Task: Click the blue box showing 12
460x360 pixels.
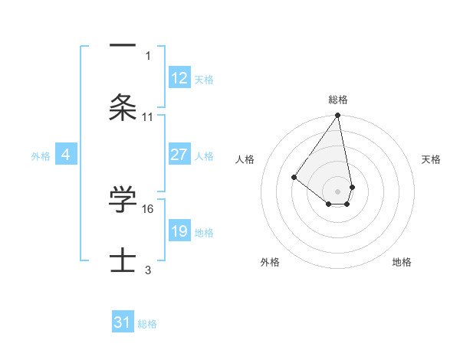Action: pyautogui.click(x=179, y=78)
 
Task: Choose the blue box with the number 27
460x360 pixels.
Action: pyautogui.click(x=179, y=155)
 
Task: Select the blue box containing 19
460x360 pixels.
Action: pyautogui.click(x=179, y=231)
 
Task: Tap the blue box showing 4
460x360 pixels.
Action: pyautogui.click(x=66, y=155)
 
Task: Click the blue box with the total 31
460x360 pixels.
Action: pyautogui.click(x=122, y=322)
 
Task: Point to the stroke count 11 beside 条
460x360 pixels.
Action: pyautogui.click(x=148, y=117)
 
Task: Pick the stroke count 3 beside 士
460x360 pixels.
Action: pyautogui.click(x=148, y=270)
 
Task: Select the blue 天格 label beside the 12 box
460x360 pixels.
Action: pyautogui.click(x=204, y=79)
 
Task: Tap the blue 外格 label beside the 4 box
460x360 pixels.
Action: pyautogui.click(x=41, y=155)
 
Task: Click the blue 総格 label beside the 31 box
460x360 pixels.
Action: pyautogui.click(x=147, y=323)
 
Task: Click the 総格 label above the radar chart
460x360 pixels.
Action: pyautogui.click(x=337, y=100)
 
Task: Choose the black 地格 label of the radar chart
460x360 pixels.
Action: pyautogui.click(x=402, y=262)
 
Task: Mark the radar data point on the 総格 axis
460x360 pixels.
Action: pyautogui.click(x=337, y=116)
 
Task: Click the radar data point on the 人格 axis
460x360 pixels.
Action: pyautogui.click(x=294, y=177)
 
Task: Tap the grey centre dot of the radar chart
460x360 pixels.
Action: pyautogui.click(x=337, y=191)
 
